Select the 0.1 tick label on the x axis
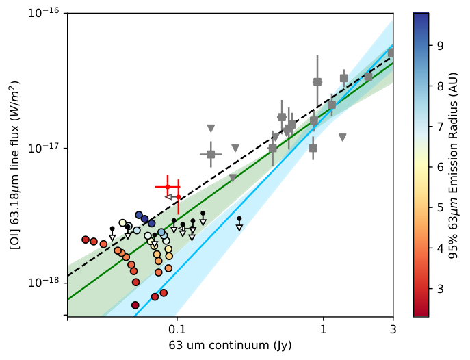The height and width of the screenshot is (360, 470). point(177,329)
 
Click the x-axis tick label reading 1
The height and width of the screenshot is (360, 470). point(323,329)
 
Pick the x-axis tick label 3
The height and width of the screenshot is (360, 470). point(393,329)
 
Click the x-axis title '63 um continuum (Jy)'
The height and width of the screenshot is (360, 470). point(230,346)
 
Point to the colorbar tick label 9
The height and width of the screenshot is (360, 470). point(440,46)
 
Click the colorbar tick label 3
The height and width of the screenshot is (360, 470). point(440,289)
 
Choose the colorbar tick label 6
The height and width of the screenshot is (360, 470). point(440,167)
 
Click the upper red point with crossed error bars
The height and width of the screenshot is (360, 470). point(168,187)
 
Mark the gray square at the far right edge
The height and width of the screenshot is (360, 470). point(391,53)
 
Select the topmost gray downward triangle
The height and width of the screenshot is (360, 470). point(211,129)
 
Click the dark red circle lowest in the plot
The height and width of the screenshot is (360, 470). point(135,305)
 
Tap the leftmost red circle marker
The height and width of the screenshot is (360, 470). point(86,240)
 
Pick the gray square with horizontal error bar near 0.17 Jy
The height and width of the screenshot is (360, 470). point(211,155)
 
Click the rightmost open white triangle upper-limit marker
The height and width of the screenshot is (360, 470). point(239,228)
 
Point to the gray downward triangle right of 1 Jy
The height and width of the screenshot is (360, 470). point(343,138)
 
